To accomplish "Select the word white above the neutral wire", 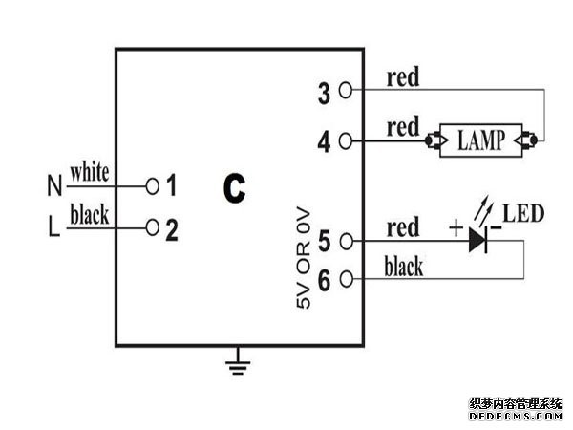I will click(x=89, y=172).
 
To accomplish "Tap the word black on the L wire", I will click(x=89, y=216).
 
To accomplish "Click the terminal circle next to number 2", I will click(x=152, y=228).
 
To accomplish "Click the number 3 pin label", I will click(x=323, y=93).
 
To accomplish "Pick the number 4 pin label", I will click(x=323, y=143).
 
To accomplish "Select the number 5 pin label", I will click(x=323, y=243).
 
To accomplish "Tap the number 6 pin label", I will click(x=323, y=280).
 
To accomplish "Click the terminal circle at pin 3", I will click(x=345, y=91).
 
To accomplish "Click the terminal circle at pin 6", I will click(x=345, y=279).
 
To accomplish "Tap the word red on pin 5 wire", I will click(x=402, y=228).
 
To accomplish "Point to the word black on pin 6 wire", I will click(x=403, y=267).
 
